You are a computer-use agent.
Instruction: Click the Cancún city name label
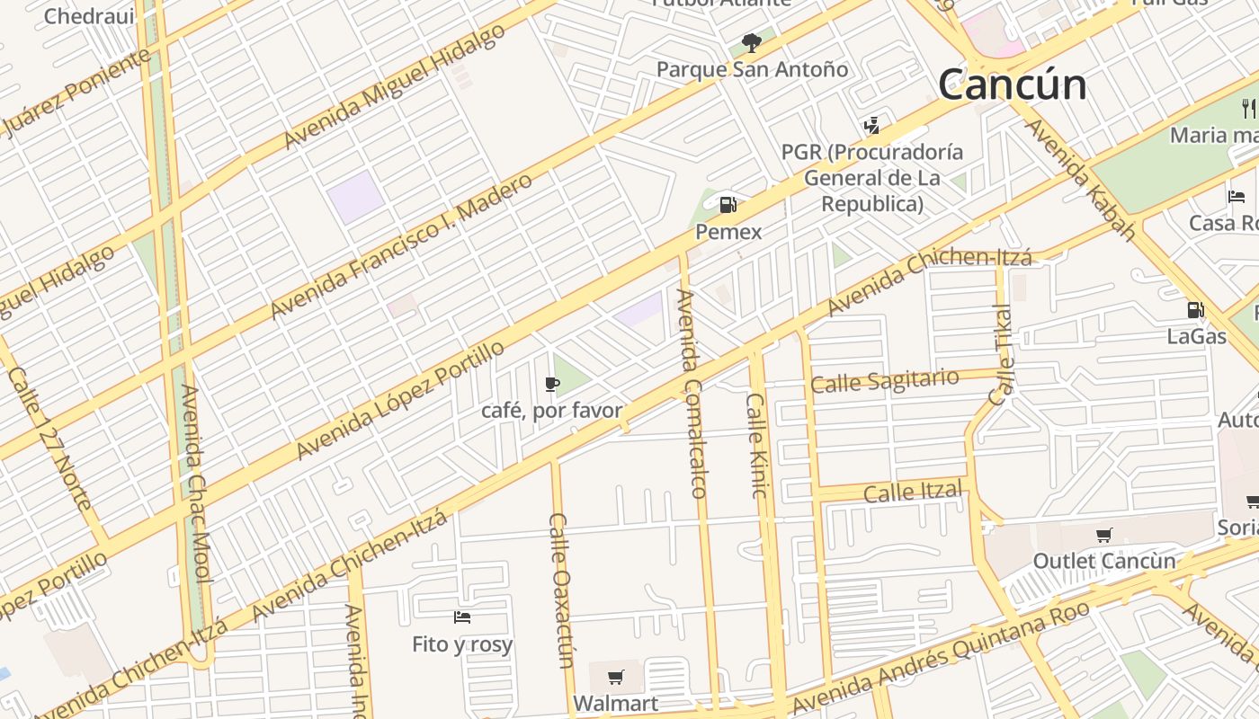click(1012, 84)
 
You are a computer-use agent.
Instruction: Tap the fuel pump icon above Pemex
click(728, 205)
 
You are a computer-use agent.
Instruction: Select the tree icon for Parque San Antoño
click(752, 42)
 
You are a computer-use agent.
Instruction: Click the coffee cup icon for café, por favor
click(552, 385)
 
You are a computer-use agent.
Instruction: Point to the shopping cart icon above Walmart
click(615, 677)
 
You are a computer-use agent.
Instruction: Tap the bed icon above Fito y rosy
click(462, 617)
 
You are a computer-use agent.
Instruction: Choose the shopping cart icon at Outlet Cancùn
click(1103, 536)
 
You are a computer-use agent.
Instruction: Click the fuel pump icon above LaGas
click(1195, 310)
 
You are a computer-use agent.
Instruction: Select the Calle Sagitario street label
click(884, 381)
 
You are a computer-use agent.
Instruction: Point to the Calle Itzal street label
click(913, 492)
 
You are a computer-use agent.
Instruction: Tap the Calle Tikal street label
click(1001, 354)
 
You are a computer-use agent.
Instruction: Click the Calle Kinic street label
click(756, 446)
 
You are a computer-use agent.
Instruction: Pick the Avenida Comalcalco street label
click(691, 393)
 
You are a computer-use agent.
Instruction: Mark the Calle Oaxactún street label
click(561, 590)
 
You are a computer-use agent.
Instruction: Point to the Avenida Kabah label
click(1078, 180)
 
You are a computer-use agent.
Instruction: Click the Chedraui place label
click(88, 15)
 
